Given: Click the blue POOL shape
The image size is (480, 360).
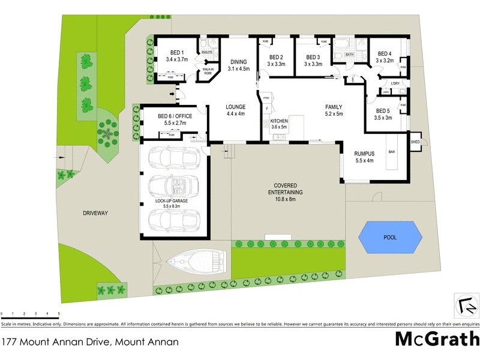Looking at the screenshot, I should pyautogui.click(x=389, y=238).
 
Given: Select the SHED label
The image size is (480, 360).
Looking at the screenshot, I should pyautogui.click(x=415, y=142).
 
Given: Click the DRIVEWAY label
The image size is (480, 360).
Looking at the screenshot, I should pyautogui.click(x=95, y=212).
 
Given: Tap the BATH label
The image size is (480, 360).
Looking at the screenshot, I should pyautogui.click(x=349, y=55).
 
